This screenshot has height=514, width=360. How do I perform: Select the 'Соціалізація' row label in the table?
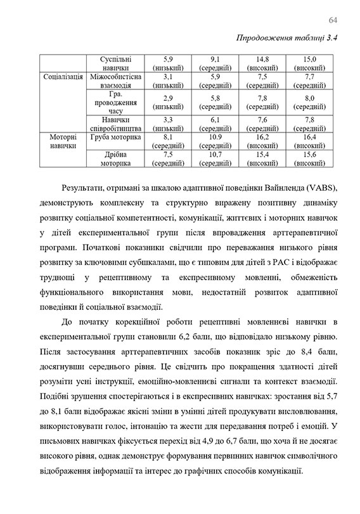(63, 77)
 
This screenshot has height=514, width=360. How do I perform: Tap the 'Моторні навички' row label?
(63, 141)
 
